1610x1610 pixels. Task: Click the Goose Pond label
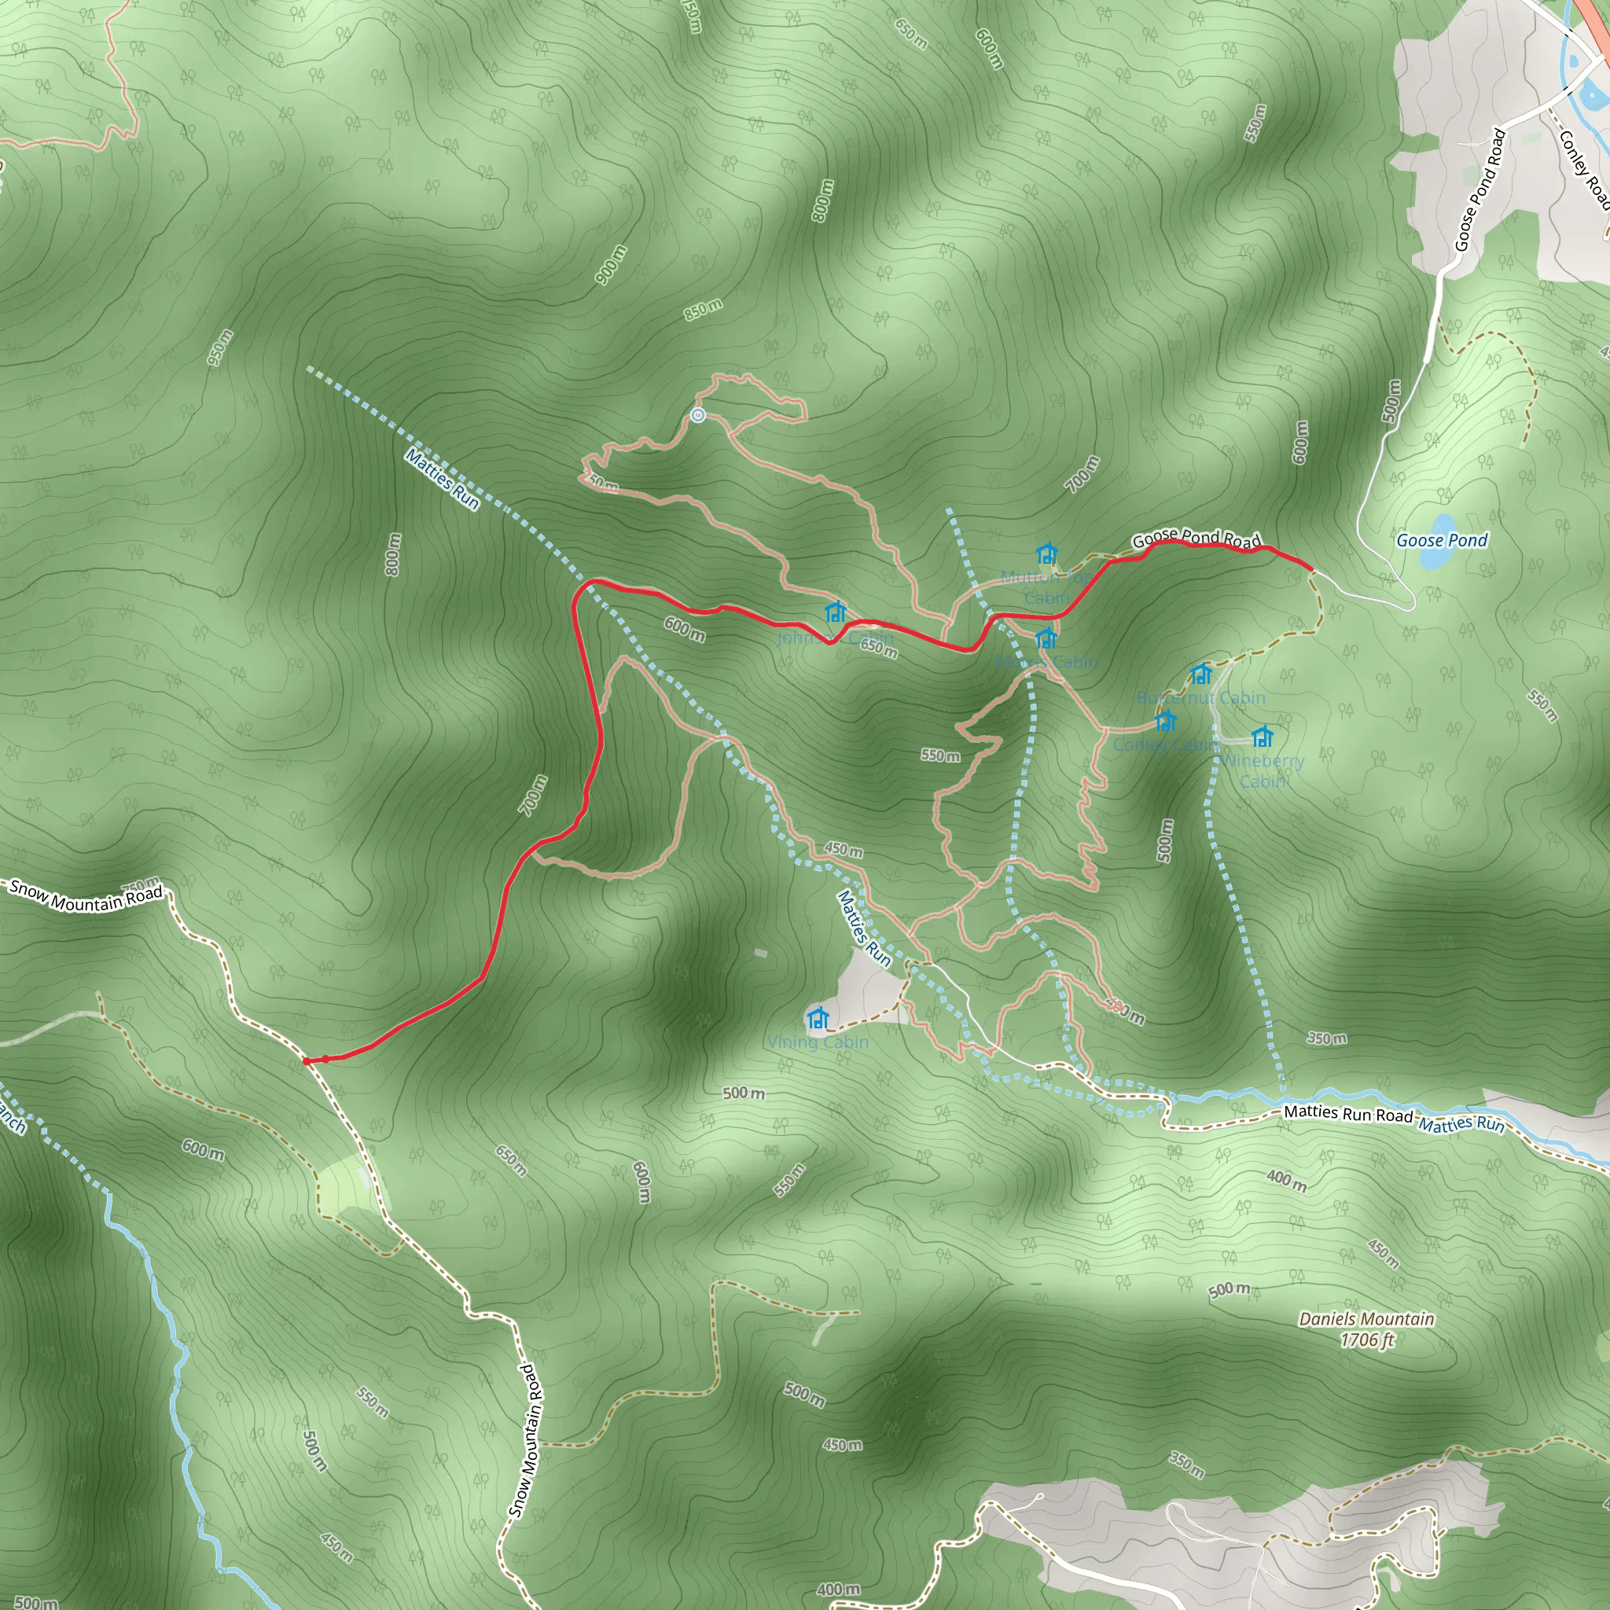coord(1442,540)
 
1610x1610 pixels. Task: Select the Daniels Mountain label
coord(1366,1319)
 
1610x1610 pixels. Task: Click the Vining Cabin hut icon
coord(818,1017)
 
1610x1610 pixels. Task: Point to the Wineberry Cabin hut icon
coord(1263,737)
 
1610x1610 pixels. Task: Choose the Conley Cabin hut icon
coord(1166,720)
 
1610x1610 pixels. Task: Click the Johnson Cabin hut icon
coord(835,612)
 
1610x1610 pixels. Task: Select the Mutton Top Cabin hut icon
coord(1046,553)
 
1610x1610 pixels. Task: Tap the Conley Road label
coord(1582,167)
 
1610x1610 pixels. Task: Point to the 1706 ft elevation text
coord(1366,1340)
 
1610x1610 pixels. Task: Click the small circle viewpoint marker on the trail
coord(698,415)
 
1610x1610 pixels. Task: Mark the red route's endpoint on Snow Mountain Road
coord(306,1061)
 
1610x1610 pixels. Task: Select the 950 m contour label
coord(220,347)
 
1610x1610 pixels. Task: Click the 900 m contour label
coord(610,265)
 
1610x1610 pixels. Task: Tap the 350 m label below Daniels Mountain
coord(1185,1463)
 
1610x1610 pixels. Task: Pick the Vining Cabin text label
coord(818,1042)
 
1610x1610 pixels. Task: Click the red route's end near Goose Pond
coord(1313,569)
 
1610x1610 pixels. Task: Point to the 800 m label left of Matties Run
coord(393,554)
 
